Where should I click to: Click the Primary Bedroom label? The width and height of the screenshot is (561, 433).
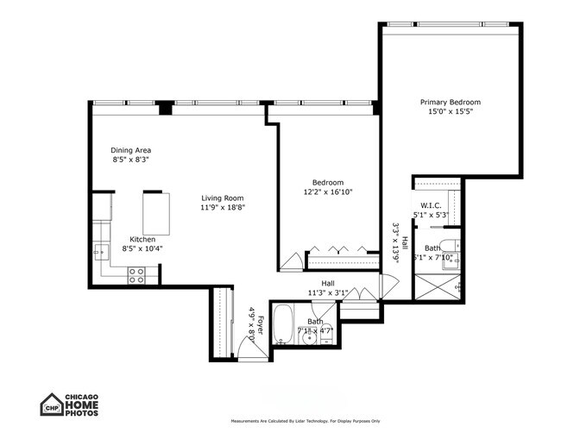click(450, 102)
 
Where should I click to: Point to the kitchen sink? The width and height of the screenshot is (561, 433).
click(100, 253)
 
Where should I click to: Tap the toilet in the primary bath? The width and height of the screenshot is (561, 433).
click(451, 244)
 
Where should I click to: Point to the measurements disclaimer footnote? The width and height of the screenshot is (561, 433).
click(306, 420)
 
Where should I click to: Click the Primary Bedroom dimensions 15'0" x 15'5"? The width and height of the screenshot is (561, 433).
click(450, 111)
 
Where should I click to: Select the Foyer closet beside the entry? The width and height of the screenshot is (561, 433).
click(224, 319)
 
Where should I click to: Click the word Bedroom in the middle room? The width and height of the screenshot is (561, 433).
click(328, 182)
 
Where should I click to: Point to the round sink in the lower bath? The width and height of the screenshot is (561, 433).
click(309, 336)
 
